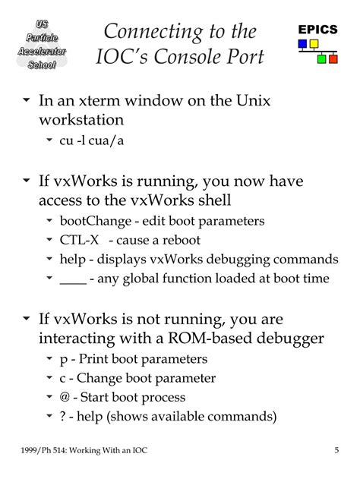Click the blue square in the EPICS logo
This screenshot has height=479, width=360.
302,44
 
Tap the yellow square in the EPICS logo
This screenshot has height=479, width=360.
314,44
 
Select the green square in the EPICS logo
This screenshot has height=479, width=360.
321,58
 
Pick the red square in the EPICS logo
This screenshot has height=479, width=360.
333,58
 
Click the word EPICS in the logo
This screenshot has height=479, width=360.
317,30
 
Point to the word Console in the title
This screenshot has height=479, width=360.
187,56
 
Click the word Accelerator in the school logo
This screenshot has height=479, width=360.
42,51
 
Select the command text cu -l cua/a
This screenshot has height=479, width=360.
92,140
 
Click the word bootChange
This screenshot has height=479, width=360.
96,221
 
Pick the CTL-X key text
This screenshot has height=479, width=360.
79,240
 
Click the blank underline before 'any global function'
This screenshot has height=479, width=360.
74,284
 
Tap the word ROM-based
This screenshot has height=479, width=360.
210,338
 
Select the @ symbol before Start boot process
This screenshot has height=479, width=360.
65,397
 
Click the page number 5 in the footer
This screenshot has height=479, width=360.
336,450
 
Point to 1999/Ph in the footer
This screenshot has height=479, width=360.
36,451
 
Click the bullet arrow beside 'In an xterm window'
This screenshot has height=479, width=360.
27,99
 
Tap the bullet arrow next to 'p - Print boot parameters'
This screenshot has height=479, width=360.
49,358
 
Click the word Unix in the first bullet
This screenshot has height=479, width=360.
254,100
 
